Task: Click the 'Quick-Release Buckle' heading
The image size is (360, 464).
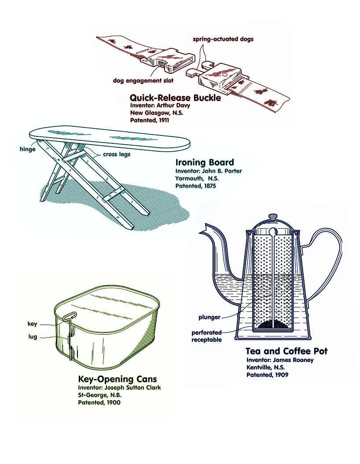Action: coord(175,98)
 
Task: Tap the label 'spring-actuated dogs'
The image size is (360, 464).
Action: coord(223,39)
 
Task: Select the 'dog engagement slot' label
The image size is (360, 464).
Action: coord(143,80)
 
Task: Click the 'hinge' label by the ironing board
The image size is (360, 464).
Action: coord(27,149)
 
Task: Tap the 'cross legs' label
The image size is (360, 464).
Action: coord(117,154)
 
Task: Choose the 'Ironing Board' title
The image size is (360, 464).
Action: coord(204,162)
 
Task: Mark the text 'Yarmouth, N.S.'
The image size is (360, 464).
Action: coord(197,179)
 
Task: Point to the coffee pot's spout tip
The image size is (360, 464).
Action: coord(204,230)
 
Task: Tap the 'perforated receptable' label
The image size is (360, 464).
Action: coord(206,336)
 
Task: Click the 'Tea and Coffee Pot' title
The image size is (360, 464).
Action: coord(286,351)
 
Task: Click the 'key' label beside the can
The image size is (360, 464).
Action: coord(33,324)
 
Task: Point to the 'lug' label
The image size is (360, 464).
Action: coord(33,337)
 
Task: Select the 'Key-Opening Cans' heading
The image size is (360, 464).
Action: coord(117,379)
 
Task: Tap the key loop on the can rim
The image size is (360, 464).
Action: coord(70,315)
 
